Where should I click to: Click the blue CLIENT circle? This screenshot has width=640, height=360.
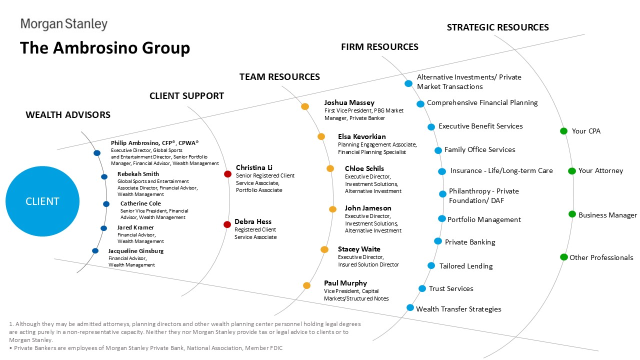pyautogui.click(x=42, y=201)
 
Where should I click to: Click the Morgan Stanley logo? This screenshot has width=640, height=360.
pyautogui.click(x=64, y=24)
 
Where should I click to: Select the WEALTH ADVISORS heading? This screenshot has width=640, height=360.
pyautogui.click(x=68, y=114)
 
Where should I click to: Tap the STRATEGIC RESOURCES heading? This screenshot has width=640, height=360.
pyautogui.click(x=497, y=27)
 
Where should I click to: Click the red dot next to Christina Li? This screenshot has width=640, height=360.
pyautogui.click(x=227, y=174)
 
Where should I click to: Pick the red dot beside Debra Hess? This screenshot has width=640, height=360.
pyautogui.click(x=227, y=224)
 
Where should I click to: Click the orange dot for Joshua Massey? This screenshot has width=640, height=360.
pyautogui.click(x=305, y=106)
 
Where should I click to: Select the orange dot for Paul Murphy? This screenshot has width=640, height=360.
pyautogui.click(x=306, y=285)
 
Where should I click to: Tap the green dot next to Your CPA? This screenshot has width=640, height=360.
pyautogui.click(x=563, y=131)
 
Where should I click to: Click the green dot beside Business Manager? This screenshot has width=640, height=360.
pyautogui.click(x=572, y=214)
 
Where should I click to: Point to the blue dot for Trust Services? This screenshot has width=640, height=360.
pyautogui.click(x=422, y=288)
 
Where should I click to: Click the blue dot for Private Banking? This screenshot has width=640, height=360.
pyautogui.click(x=438, y=241)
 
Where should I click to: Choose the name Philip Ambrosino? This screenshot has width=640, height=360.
pyautogui.click(x=135, y=143)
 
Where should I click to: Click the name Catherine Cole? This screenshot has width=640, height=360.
pyautogui.click(x=140, y=203)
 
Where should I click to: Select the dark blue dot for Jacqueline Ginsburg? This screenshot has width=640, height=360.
pyautogui.click(x=95, y=250)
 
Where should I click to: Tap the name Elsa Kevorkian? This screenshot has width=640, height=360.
pyautogui.click(x=361, y=136)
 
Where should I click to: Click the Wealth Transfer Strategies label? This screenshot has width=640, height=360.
pyautogui.click(x=458, y=309)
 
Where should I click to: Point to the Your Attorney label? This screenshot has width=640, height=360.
pyautogui.click(x=600, y=170)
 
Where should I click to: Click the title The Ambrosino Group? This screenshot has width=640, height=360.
pyautogui.click(x=105, y=47)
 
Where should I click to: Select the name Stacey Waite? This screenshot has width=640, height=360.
pyautogui.click(x=359, y=249)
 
